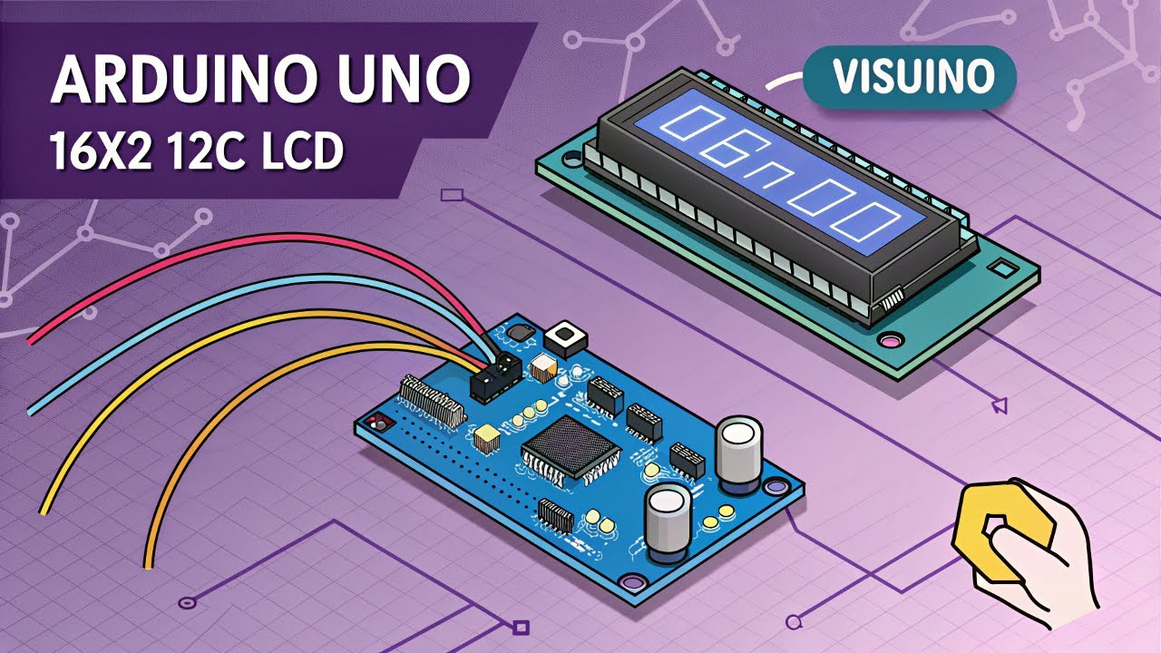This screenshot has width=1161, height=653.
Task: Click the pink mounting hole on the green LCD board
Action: [x=890, y=342]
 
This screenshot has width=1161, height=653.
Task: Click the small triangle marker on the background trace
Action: [x=1000, y=404]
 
